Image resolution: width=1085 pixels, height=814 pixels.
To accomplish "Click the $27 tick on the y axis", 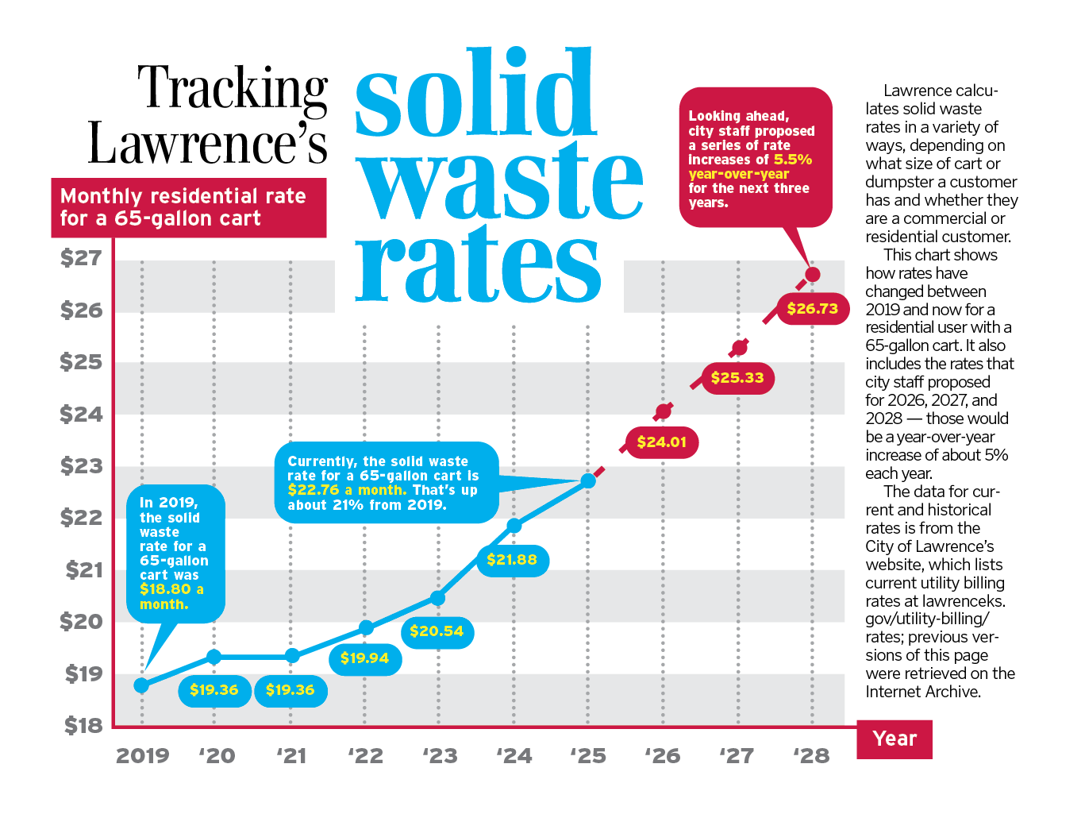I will click(x=81, y=257).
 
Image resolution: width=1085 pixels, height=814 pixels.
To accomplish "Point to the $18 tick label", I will click(x=83, y=725).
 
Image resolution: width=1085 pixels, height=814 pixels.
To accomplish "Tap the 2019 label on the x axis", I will click(x=142, y=755).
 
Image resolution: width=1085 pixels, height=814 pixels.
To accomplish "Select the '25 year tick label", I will click(x=587, y=755).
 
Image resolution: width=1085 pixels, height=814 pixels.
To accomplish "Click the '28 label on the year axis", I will click(x=811, y=755).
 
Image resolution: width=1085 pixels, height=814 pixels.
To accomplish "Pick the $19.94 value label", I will click(x=364, y=658).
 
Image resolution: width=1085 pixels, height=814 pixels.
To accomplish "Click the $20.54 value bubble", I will click(x=437, y=631).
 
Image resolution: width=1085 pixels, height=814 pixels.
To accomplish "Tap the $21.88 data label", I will click(x=512, y=560).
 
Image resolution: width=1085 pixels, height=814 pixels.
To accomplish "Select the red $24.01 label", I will click(x=661, y=442).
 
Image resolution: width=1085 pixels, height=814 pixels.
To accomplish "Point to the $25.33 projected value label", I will click(x=737, y=378).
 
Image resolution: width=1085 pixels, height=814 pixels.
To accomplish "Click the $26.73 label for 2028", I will click(x=812, y=309).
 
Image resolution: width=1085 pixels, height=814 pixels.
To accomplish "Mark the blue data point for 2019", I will click(x=141, y=685).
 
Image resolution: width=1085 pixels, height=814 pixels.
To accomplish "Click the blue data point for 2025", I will click(x=588, y=480).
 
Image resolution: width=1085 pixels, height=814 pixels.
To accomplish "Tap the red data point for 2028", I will click(x=812, y=275).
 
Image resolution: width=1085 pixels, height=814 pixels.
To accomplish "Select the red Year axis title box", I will click(x=895, y=739).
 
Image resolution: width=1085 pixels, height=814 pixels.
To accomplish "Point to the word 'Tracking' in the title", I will click(x=233, y=89).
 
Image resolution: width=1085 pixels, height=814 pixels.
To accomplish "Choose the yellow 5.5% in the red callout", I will click(x=793, y=160).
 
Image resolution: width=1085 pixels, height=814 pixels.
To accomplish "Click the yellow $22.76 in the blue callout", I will click(x=314, y=490).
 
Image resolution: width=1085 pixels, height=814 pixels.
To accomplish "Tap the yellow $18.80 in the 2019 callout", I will click(x=166, y=589).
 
